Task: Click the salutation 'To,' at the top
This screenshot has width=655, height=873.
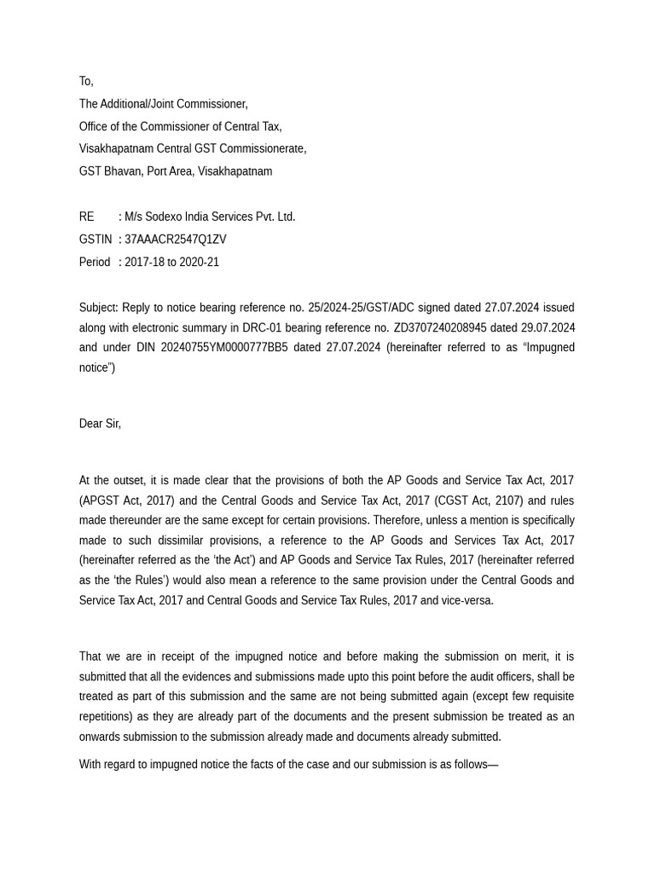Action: pyautogui.click(x=86, y=81)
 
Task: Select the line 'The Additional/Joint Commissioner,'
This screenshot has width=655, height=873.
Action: pyautogui.click(x=163, y=104)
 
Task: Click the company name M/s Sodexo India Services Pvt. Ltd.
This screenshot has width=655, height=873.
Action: pyautogui.click(x=210, y=217)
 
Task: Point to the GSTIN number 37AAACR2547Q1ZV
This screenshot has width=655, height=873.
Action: pyautogui.click(x=176, y=240)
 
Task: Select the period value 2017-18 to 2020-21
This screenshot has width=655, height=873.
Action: pyautogui.click(x=171, y=263)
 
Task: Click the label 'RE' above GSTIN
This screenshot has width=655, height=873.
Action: pyautogui.click(x=87, y=217)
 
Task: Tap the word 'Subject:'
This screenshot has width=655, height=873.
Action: pyautogui.click(x=99, y=308)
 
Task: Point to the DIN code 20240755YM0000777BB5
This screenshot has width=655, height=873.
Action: pyautogui.click(x=224, y=348)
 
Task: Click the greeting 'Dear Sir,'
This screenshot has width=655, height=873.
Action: pyautogui.click(x=100, y=424)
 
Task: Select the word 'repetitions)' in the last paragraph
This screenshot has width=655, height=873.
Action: pyautogui.click(x=108, y=717)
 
